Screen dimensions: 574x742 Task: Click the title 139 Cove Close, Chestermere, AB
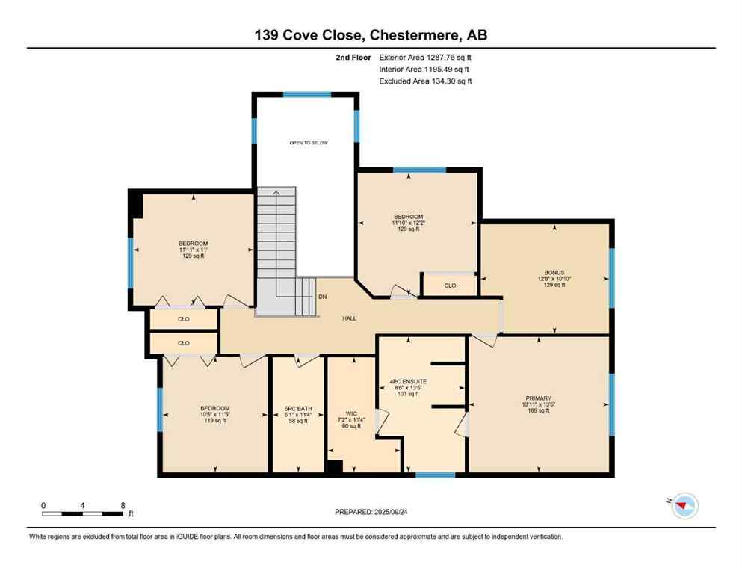[x=371, y=35]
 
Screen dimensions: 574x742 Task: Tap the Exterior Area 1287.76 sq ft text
[x=425, y=57]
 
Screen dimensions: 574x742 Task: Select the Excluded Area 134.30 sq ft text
[x=425, y=81]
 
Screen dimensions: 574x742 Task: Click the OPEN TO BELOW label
[x=309, y=143]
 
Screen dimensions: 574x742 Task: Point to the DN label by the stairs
[x=322, y=297]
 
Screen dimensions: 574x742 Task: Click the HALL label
[x=349, y=318]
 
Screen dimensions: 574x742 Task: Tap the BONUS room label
[x=554, y=272]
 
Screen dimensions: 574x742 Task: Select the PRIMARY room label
[x=538, y=398]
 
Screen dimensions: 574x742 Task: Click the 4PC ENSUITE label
[x=408, y=381]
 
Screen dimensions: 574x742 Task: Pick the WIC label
[x=350, y=413]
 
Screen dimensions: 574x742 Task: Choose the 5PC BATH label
[x=297, y=408]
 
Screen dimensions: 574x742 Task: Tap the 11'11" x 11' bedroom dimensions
[x=193, y=250]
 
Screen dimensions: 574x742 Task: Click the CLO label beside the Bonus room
[x=450, y=286]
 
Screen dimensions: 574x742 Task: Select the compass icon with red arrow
[x=684, y=507]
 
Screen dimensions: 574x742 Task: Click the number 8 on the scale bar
[x=123, y=505]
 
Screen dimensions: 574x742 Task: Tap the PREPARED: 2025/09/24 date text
[x=371, y=512]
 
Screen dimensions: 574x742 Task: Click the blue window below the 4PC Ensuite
[x=435, y=475]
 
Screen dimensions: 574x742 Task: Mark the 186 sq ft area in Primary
[x=538, y=411]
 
